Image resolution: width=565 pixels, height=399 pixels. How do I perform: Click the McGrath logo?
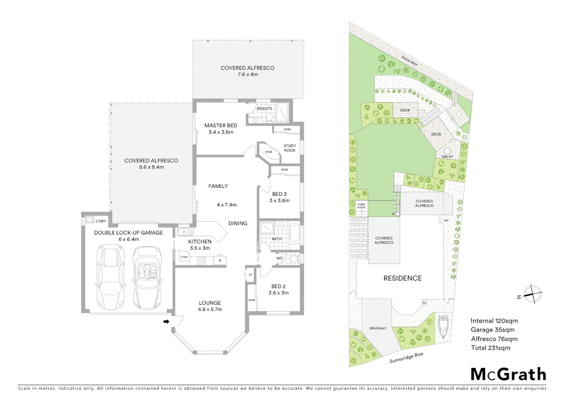[508, 374]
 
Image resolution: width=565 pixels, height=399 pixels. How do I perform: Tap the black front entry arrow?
[166, 322]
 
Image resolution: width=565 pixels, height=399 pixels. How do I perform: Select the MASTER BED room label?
[220, 126]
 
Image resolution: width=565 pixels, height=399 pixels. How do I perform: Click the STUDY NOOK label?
[290, 148]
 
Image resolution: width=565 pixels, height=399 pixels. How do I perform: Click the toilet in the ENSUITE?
[269, 117]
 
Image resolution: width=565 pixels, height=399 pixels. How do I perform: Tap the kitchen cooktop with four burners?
[201, 260]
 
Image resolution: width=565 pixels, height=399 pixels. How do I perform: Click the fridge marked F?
[220, 260]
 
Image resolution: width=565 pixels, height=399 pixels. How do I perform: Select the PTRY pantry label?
[184, 257]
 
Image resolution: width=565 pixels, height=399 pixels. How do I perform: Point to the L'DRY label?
[101, 221]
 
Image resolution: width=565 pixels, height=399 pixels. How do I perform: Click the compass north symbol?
[532, 294]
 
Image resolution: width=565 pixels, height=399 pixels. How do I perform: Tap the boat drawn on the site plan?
[443, 327]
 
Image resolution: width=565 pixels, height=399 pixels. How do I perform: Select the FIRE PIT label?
[447, 157]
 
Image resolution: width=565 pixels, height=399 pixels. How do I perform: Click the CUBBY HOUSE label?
[361, 206]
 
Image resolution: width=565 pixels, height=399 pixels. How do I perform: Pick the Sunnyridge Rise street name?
[406, 358]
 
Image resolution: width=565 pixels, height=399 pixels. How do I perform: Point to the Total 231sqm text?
[490, 348]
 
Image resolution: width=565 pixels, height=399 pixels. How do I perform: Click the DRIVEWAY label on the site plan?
[378, 328]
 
